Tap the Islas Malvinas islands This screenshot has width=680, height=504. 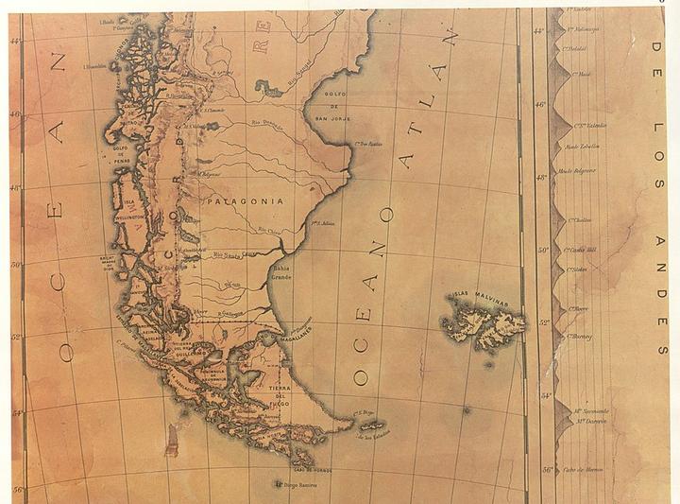[x=481, y=322]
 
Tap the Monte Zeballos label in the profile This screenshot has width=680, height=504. [x=584, y=147]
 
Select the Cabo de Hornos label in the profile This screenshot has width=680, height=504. [x=584, y=470]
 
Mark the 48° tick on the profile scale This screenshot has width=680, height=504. [x=540, y=178]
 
